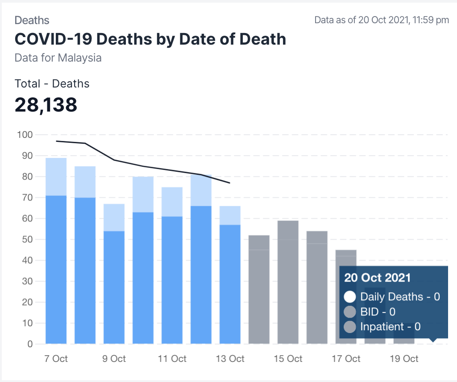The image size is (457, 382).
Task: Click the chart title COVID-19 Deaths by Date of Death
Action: [150, 39]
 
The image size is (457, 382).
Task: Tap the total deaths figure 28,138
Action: [46, 105]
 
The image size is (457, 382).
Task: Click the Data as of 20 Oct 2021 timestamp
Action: [382, 20]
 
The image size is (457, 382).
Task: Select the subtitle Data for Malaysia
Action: [58, 58]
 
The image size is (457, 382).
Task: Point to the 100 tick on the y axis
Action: [25, 135]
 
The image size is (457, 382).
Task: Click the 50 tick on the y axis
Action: [27, 239]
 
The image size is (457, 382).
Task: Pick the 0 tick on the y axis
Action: [29, 344]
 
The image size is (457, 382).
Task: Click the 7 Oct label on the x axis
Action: [56, 359]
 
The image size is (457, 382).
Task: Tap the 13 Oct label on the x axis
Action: [230, 359]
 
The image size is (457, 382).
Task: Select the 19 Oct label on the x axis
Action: [404, 359]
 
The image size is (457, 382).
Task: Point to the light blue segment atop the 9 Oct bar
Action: [114, 217]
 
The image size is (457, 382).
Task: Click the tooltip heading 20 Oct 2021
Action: [378, 278]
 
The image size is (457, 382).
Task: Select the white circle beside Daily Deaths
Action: [350, 297]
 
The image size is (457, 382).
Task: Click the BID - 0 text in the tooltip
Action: [378, 311]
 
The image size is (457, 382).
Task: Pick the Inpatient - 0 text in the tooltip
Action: [391, 327]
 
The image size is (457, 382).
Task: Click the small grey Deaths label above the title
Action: [32, 20]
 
